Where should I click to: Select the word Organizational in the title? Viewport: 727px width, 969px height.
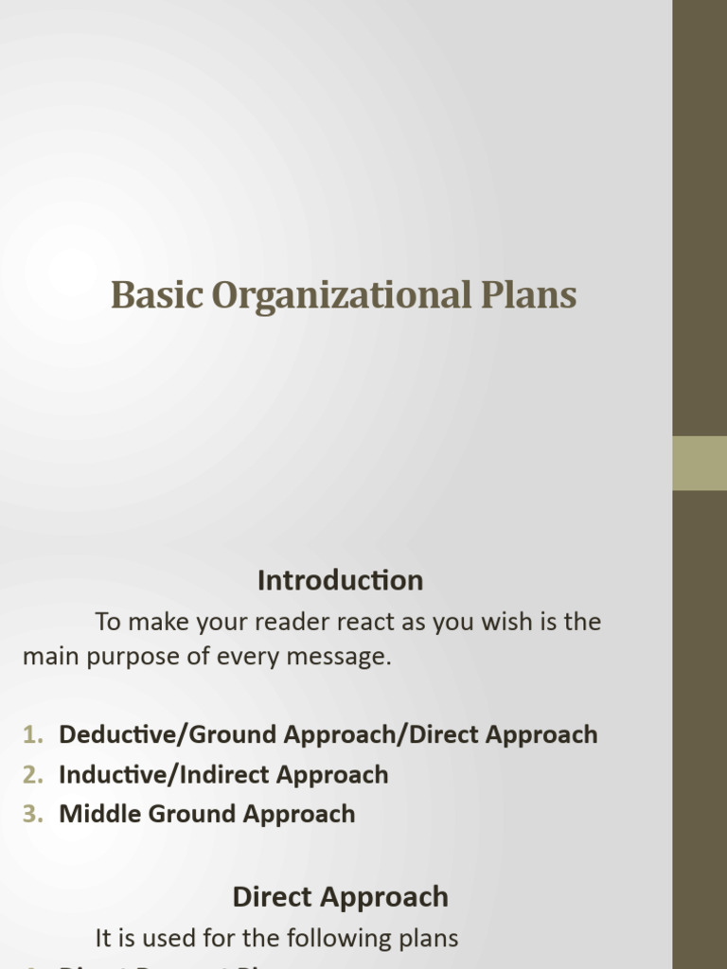coord(339,295)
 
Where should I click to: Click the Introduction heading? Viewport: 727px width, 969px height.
coord(340,580)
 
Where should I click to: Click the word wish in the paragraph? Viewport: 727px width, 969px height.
coord(515,623)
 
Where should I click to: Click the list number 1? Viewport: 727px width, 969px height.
coord(33,734)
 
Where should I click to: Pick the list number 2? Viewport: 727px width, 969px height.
coord(33,774)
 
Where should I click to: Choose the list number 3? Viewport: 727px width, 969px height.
coord(33,814)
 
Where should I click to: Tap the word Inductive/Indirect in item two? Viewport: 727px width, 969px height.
coord(155,774)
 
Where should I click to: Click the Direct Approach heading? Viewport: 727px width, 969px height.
coord(340,897)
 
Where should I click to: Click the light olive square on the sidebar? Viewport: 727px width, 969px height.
coord(700,463)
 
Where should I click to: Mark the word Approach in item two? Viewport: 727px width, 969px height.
coord(332,774)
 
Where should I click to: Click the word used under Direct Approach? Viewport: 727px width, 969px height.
coord(163,939)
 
